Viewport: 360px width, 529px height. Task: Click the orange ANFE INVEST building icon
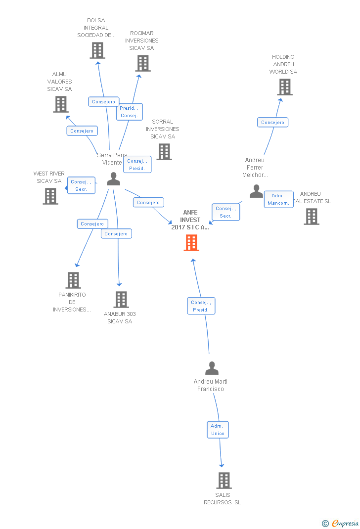click(x=191, y=242)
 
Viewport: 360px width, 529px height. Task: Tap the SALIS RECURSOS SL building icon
click(x=224, y=480)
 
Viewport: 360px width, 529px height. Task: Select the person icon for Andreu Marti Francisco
click(x=212, y=368)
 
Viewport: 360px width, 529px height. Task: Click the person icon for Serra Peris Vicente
click(x=113, y=179)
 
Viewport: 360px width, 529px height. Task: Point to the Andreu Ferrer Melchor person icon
click(x=256, y=191)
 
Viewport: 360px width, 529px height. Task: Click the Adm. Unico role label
click(x=218, y=430)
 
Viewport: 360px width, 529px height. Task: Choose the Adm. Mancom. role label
click(x=278, y=199)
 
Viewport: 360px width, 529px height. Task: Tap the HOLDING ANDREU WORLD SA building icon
click(x=284, y=87)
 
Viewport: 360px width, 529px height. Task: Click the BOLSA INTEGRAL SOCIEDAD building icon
click(x=97, y=50)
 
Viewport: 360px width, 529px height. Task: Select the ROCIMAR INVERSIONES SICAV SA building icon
click(x=143, y=63)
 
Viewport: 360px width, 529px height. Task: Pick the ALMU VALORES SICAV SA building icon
click(x=61, y=104)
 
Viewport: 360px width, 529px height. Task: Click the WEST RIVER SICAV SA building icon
click(x=50, y=196)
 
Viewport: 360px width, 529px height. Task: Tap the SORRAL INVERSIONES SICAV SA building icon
click(x=164, y=152)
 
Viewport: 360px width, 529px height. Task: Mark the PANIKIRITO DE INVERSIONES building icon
click(x=73, y=280)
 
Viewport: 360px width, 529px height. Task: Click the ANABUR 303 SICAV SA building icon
click(x=121, y=300)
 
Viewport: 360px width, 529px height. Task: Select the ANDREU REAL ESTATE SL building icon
click(x=311, y=217)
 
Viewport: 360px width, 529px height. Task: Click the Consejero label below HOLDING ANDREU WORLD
click(x=272, y=122)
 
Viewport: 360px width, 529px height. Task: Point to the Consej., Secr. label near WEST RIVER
click(x=81, y=185)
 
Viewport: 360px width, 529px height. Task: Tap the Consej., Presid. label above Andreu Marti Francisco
click(x=201, y=306)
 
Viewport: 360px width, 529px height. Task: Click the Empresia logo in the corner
click(x=341, y=523)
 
